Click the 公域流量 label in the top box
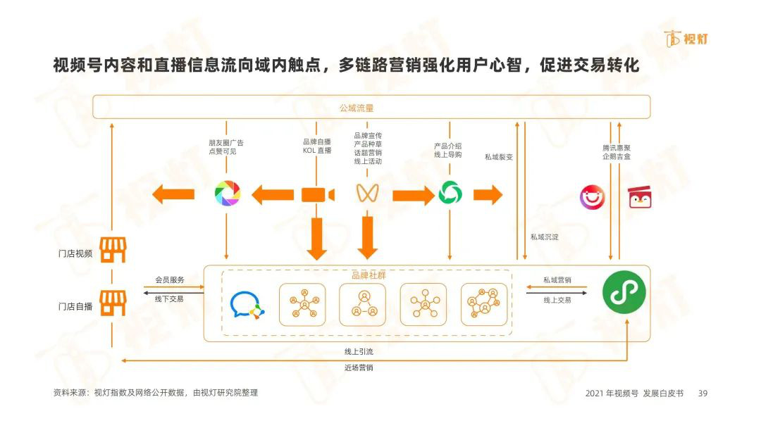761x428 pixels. [x=357, y=108]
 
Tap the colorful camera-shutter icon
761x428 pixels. [x=227, y=194]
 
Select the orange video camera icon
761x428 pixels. [x=318, y=195]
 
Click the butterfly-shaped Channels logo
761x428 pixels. [x=367, y=193]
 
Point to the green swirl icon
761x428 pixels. [x=450, y=194]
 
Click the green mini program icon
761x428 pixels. [x=624, y=292]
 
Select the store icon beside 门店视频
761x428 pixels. [x=113, y=250]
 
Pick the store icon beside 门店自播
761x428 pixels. [x=113, y=303]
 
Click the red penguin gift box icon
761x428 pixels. [x=640, y=197]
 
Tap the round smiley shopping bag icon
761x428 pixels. [x=592, y=197]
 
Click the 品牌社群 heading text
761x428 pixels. [x=369, y=275]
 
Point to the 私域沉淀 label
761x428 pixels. [x=544, y=237]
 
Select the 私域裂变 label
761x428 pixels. [x=498, y=157]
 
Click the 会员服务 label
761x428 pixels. [x=169, y=279]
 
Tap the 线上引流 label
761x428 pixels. [x=359, y=351]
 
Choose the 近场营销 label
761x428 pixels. [x=359, y=368]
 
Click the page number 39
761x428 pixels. [x=703, y=393]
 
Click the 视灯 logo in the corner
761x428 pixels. [x=686, y=39]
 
